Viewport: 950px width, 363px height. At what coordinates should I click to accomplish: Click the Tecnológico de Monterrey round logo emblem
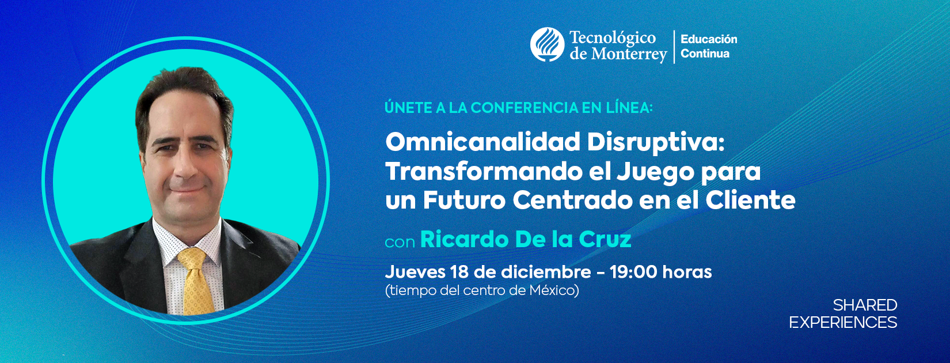click(547, 44)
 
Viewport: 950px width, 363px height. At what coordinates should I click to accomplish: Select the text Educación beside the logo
click(709, 39)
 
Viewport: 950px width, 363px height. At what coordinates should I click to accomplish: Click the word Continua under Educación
click(705, 54)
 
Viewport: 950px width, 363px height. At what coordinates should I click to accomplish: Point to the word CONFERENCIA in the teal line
click(529, 108)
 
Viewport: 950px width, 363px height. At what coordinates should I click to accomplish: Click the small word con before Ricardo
click(400, 242)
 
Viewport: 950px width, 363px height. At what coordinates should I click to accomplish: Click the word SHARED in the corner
click(865, 305)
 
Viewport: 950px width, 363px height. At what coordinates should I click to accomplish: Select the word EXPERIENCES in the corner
click(843, 323)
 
